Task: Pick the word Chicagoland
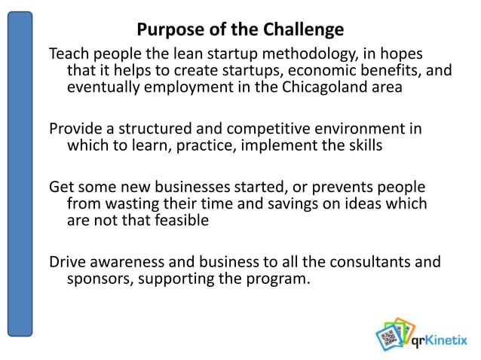point(319,87)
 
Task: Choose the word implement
point(277,145)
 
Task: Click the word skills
point(363,145)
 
